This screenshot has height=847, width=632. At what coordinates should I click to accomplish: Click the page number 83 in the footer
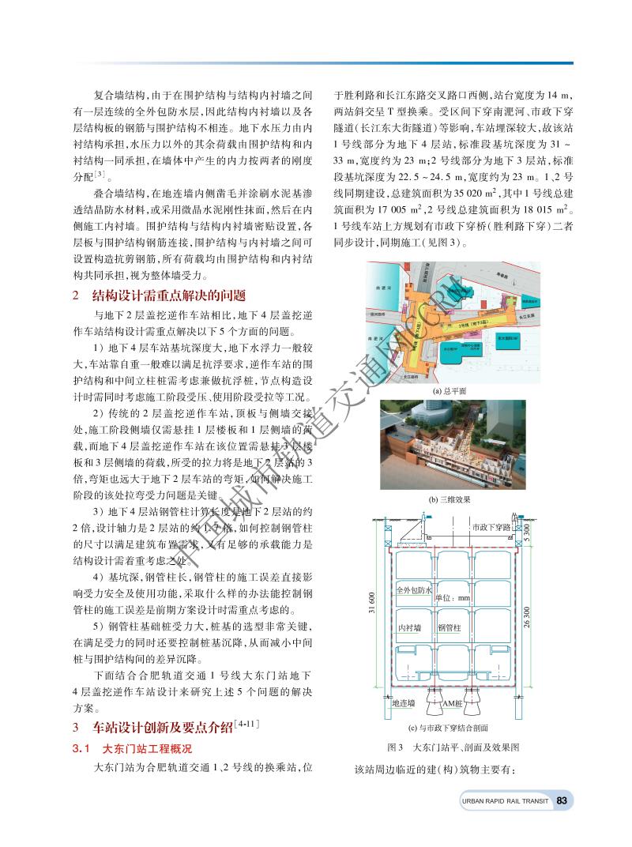coord(562,800)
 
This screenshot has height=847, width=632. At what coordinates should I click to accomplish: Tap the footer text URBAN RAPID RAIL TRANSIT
coord(506,800)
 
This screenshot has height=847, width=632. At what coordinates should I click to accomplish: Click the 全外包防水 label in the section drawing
coord(413,590)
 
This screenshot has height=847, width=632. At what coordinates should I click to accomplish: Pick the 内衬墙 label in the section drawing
coord(408,628)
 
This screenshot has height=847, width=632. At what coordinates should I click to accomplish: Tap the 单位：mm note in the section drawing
coord(453,598)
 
